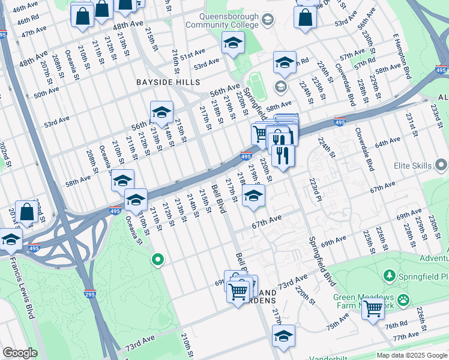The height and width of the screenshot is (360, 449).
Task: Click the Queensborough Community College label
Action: [222, 21]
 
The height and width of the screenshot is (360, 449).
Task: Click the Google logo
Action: [20, 353]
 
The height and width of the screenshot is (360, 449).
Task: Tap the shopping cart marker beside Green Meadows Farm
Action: [373, 308]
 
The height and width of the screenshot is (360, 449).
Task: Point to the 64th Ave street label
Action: [388, 143]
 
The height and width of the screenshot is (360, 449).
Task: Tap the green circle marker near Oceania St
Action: [158, 260]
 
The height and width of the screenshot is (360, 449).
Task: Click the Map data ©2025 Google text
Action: [411, 355]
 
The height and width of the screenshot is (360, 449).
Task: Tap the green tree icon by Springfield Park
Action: [389, 275]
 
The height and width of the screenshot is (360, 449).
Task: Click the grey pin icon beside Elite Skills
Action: [442, 164]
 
